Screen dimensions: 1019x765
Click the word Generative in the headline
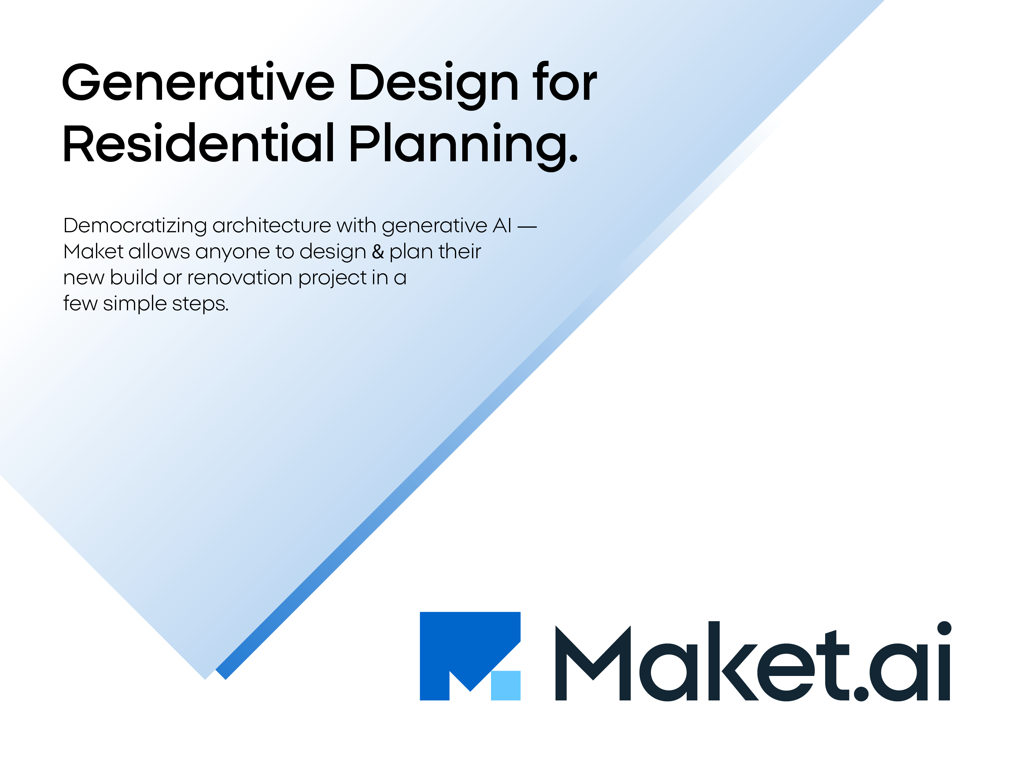click(x=198, y=82)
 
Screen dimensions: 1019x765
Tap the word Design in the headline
click(x=434, y=85)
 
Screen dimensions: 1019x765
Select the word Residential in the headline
click(x=198, y=143)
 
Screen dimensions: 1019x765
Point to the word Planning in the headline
click(x=458, y=146)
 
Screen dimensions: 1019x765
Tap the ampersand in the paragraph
click(x=378, y=252)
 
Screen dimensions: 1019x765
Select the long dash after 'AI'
click(x=527, y=227)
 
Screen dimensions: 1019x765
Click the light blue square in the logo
click(x=505, y=685)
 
